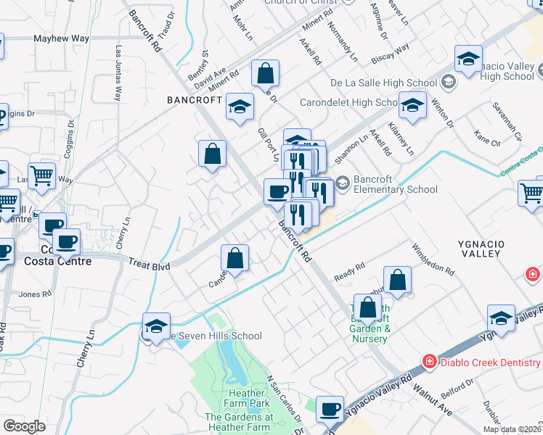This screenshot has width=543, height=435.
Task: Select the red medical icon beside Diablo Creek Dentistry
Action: click(430, 360)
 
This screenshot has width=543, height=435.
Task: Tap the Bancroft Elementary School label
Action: click(396, 184)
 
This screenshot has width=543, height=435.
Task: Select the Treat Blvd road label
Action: click(149, 266)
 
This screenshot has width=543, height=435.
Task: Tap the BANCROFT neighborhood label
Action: click(194, 100)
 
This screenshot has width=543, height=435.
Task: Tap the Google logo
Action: click(23, 426)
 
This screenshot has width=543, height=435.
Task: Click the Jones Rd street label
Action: click(35, 294)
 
